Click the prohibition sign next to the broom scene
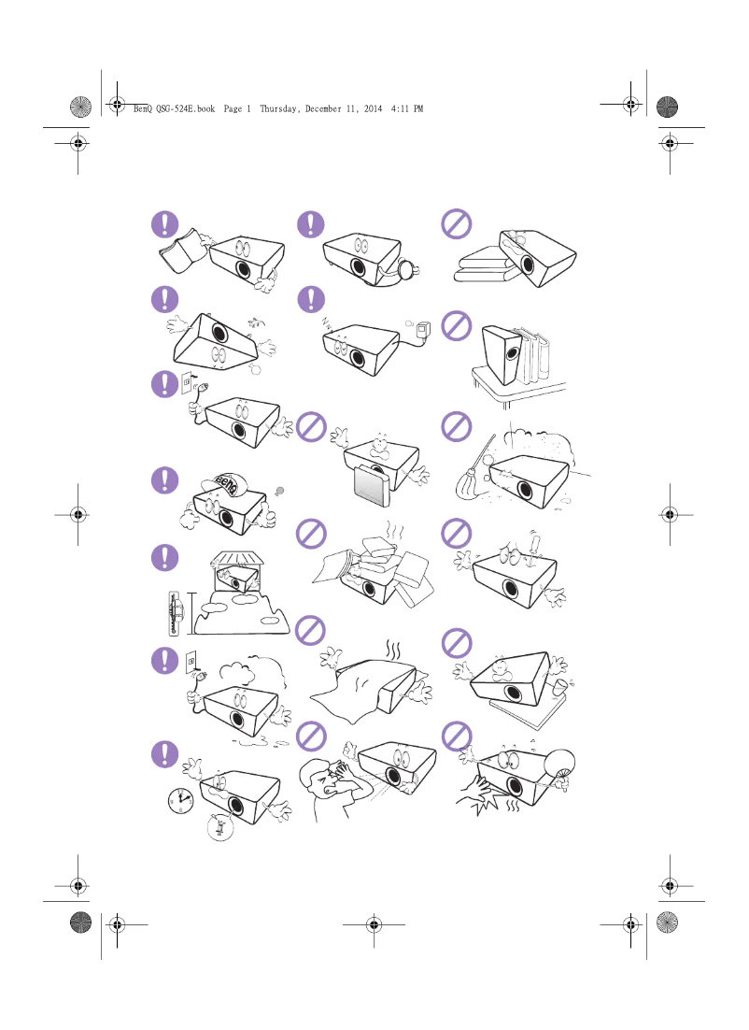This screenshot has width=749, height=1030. coord(455,425)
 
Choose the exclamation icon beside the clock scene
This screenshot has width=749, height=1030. coord(165,754)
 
